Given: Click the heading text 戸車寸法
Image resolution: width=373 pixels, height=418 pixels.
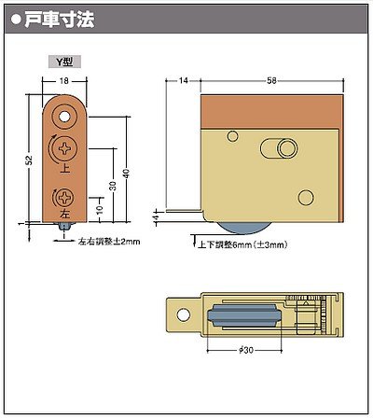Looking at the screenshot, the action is (59, 20).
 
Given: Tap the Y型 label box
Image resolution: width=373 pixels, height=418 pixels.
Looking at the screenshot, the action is (64, 62).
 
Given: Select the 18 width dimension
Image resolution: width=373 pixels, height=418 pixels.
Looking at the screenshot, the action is (64, 81).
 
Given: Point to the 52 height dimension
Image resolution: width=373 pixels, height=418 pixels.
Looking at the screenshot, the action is (29, 160).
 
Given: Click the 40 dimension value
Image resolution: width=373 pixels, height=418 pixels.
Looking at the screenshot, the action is (126, 174).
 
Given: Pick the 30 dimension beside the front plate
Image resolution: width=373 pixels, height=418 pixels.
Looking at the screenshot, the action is (113, 186).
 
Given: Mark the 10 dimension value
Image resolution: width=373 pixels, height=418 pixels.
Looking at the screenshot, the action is (100, 210).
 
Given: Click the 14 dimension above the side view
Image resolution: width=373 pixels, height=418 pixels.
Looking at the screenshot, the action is (184, 80).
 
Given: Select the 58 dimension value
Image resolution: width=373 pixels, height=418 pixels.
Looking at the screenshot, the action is (271, 80).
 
